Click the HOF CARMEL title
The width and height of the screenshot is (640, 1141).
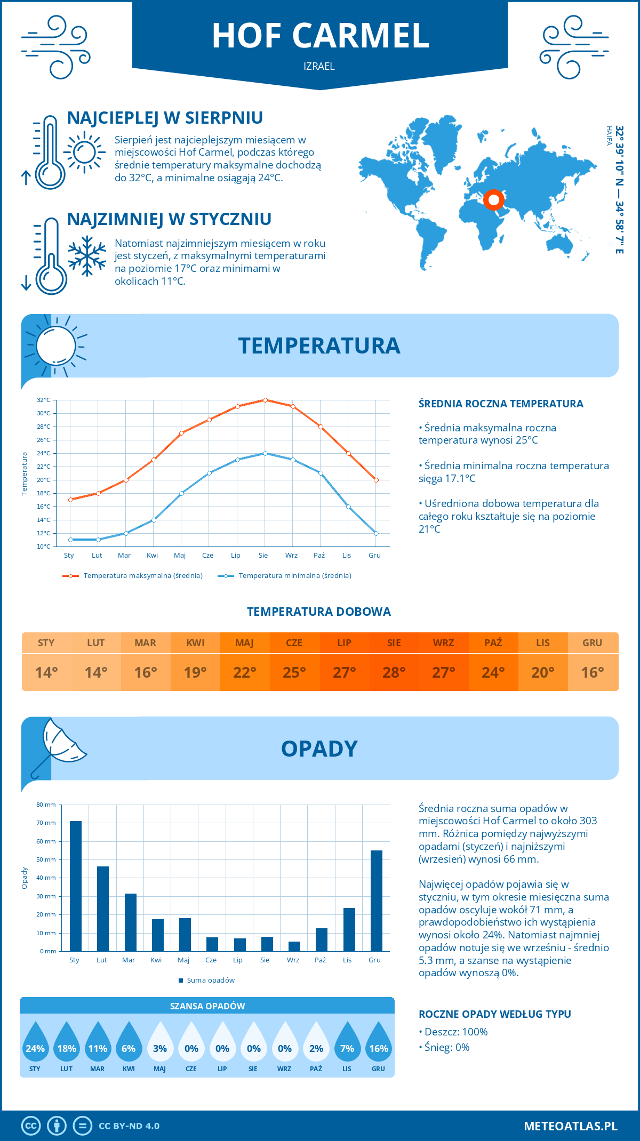click(x=321, y=36)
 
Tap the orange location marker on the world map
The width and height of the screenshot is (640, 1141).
click(x=494, y=200)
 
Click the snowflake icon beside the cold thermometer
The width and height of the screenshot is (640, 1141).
click(x=87, y=256)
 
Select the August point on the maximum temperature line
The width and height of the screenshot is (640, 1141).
click(x=265, y=400)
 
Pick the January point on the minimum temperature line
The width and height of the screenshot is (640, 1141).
click(x=70, y=540)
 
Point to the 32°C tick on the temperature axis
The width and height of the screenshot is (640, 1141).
click(x=44, y=400)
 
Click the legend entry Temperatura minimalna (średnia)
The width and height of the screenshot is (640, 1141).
click(x=294, y=576)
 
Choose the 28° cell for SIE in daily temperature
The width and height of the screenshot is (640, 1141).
click(x=394, y=672)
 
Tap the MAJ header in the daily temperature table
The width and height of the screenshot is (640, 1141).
click(x=245, y=643)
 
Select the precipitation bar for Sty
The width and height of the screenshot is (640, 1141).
click(x=76, y=886)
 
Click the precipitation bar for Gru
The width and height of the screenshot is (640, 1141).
click(x=377, y=901)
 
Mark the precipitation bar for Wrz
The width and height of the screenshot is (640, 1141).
click(x=294, y=946)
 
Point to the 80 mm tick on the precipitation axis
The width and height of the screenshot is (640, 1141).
click(x=46, y=805)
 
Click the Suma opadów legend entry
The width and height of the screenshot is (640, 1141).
click(x=211, y=981)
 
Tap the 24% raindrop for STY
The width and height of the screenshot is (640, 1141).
click(x=35, y=1045)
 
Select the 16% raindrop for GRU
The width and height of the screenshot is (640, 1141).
click(x=379, y=1045)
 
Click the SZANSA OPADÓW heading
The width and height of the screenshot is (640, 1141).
click(x=207, y=1006)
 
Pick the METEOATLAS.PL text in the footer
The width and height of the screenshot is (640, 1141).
click(x=570, y=1126)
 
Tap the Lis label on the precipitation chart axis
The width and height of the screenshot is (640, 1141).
click(x=347, y=960)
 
